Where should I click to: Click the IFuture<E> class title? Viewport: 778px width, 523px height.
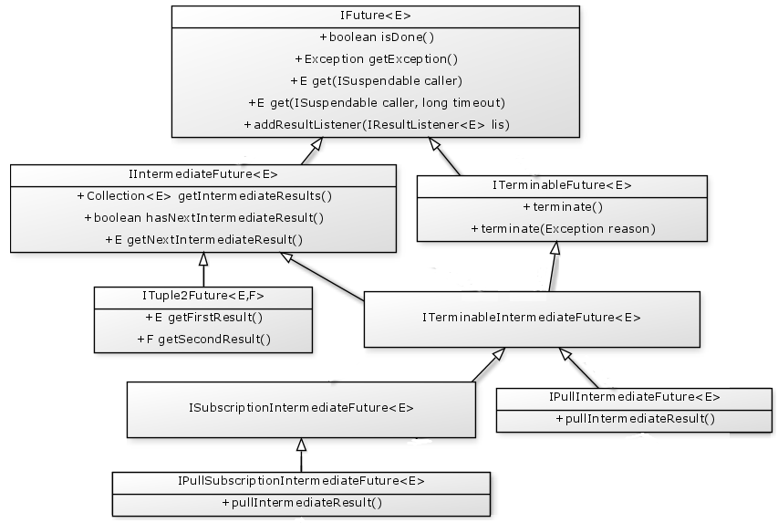[376, 16]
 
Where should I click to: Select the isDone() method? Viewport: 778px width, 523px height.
[376, 37]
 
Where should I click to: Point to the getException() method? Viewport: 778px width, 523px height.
[376, 59]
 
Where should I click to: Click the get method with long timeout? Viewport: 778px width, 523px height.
[376, 102]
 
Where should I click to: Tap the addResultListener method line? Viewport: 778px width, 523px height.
[376, 124]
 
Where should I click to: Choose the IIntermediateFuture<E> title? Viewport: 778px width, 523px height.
[203, 173]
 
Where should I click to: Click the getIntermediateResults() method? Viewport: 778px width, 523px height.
[204, 195]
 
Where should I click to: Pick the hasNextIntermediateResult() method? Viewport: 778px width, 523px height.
[204, 218]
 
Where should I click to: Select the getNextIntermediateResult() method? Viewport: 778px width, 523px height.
[204, 240]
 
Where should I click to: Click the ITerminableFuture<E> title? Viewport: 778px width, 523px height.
[562, 184]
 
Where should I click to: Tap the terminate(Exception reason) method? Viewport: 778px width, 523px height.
[563, 228]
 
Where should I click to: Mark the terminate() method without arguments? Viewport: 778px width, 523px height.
[563, 207]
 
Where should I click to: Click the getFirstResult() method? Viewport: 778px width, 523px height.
[203, 318]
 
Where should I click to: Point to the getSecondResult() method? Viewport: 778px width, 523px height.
[203, 340]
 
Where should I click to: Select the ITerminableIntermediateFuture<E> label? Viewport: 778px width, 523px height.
[532, 319]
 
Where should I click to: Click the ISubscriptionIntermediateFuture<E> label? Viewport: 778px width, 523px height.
[301, 409]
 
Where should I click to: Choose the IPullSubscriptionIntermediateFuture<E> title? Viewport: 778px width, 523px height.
[301, 481]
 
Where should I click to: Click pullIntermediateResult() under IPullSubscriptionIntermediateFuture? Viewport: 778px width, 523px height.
[301, 503]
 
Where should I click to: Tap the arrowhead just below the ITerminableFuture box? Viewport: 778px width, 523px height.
[554, 248]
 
